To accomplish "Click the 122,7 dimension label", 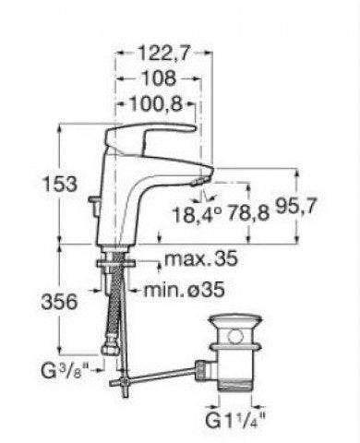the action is (163, 53).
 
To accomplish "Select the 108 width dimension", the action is (160, 78).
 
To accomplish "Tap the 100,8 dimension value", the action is (156, 104).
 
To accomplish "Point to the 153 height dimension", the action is (60, 184).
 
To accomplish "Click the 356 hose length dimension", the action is (60, 302).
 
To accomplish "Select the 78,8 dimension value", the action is (248, 213).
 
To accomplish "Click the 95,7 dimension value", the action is (295, 206).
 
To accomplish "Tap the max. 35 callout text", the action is (201, 258).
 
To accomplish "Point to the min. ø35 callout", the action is (184, 290).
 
